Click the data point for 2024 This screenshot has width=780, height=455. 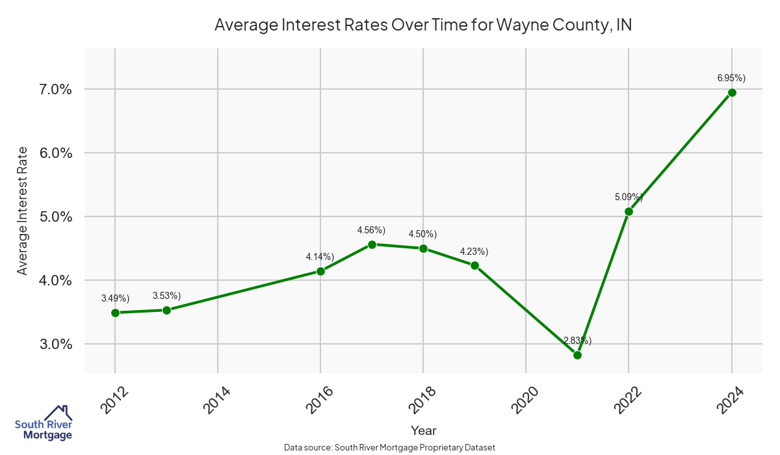(732, 92)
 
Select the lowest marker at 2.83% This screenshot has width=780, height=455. (577, 355)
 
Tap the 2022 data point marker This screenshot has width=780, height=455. (629, 211)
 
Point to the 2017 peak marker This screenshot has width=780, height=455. (372, 244)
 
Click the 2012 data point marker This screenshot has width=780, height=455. (115, 313)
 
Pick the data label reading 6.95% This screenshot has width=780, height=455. (731, 78)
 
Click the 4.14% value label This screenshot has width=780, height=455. (320, 257)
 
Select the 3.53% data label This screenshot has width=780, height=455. (166, 296)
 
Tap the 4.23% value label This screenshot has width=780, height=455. (474, 252)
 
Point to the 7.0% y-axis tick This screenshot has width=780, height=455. (51, 89)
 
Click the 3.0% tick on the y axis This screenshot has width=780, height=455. (51, 344)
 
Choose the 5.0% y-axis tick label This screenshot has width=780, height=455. (51, 216)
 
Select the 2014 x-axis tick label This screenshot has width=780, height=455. (216, 400)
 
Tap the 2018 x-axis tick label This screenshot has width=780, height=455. (422, 400)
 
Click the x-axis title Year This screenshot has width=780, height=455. (423, 430)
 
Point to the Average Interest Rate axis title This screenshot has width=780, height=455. (23, 211)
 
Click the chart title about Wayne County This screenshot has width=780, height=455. (423, 25)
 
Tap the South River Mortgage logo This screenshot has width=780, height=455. (44, 423)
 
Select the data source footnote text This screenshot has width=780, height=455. (390, 447)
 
